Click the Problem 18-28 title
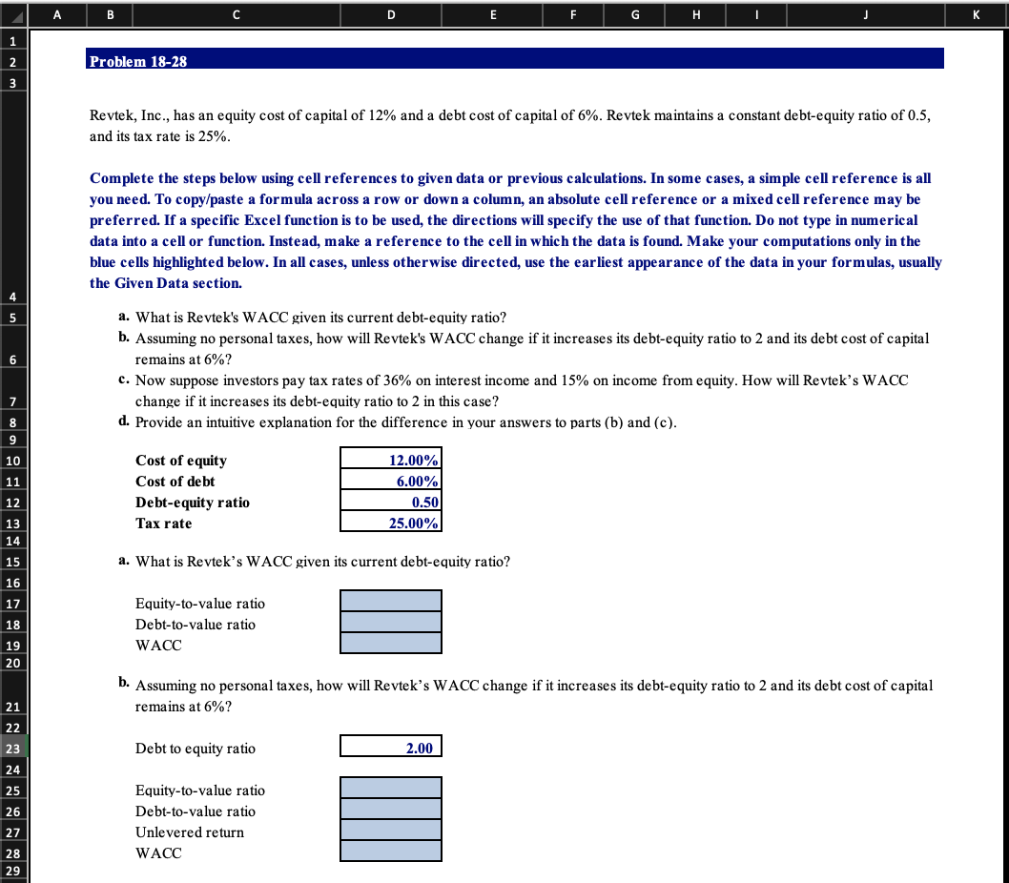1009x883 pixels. (x=138, y=61)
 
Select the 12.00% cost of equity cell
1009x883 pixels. (x=391, y=461)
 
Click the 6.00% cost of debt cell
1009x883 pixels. (x=391, y=482)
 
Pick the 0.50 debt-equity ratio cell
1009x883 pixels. (x=391, y=503)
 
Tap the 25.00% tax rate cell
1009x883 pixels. (x=391, y=524)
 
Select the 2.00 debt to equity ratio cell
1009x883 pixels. (x=391, y=749)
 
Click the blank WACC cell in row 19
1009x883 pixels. (x=391, y=644)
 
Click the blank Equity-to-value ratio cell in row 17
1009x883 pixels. (x=391, y=601)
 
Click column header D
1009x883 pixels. (x=391, y=13)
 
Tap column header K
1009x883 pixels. (x=978, y=13)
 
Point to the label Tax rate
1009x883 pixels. (x=164, y=524)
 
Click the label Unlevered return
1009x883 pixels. (x=190, y=832)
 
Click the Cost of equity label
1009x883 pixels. (x=181, y=461)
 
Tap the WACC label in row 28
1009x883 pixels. (x=158, y=853)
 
